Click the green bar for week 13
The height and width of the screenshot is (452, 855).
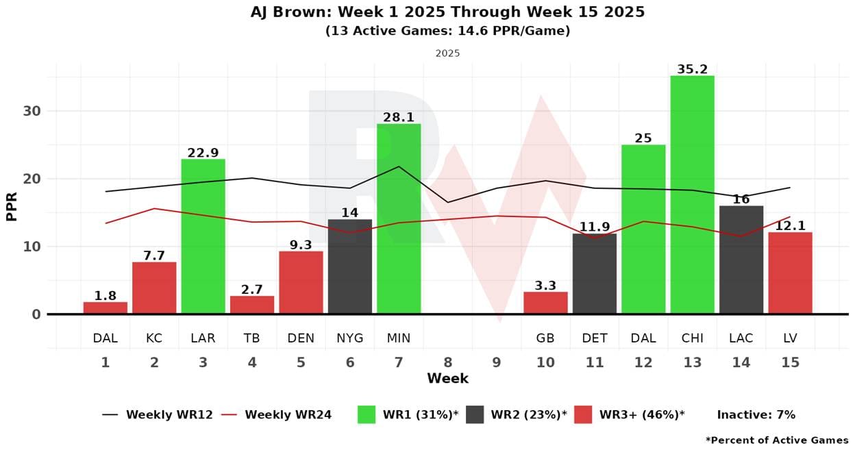[692, 194]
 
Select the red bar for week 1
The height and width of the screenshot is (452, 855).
[106, 307]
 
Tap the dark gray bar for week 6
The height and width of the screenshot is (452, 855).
[350, 266]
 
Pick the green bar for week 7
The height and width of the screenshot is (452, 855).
[399, 218]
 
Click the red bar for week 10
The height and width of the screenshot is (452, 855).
[545, 303]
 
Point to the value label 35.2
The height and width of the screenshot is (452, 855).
[692, 69]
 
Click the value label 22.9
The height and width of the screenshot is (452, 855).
[203, 153]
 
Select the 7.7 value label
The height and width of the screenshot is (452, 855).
[154, 255]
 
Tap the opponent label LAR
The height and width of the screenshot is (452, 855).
[203, 338]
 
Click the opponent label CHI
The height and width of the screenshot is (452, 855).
[692, 338]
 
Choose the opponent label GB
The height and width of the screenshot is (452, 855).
[545, 338]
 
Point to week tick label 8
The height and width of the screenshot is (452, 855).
[447, 362]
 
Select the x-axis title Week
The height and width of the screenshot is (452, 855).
[447, 379]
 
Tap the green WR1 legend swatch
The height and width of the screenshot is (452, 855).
[367, 414]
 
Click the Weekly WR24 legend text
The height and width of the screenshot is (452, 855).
[288, 414]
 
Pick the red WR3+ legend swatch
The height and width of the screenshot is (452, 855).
[583, 414]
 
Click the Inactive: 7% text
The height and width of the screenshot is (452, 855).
[756, 414]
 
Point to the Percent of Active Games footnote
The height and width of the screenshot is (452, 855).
[777, 440]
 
